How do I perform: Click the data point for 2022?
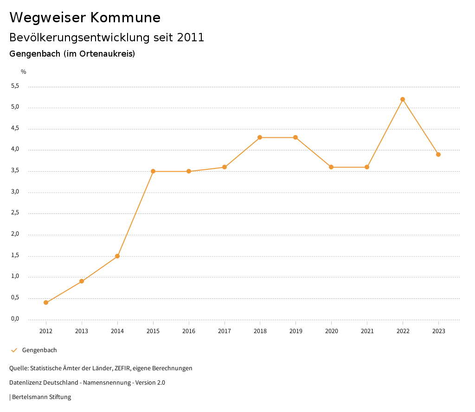[x=403, y=99]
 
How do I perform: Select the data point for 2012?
[x=46, y=303]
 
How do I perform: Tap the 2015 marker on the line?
[x=153, y=171]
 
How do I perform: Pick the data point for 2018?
[x=260, y=137]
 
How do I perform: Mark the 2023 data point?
[x=438, y=154]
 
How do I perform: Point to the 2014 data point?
[x=117, y=256]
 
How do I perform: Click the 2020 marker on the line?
[x=331, y=167]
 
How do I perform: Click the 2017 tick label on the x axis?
[x=225, y=331]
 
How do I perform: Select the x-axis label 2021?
[x=367, y=331]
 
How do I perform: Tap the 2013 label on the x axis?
[x=82, y=331]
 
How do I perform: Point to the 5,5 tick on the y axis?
[x=15, y=86]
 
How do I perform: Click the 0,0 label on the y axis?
[x=15, y=319]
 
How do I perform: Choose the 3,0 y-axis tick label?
[x=15, y=192]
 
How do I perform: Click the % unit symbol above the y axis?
[x=24, y=72]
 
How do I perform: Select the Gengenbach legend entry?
[x=39, y=350]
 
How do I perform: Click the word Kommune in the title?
[x=125, y=18]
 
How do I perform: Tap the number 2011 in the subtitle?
[x=191, y=38]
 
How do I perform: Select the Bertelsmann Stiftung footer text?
[x=41, y=397]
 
